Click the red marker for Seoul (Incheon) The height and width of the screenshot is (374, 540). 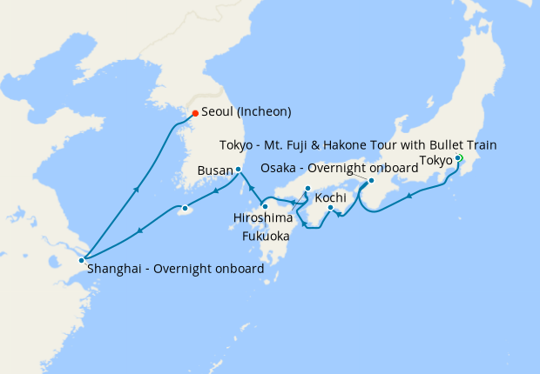[195, 113]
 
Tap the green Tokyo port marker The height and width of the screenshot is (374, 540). [458, 158]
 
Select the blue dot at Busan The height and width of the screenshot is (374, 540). [238, 170]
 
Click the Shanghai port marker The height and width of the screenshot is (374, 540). [81, 260]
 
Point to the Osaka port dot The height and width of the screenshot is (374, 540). [371, 181]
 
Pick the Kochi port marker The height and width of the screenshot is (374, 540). [330, 208]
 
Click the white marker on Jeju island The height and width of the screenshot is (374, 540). [184, 209]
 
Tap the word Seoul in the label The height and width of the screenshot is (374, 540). [219, 112]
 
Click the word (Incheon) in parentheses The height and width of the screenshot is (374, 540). [265, 112]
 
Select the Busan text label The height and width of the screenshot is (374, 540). [214, 170]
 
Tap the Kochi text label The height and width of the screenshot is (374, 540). [331, 198]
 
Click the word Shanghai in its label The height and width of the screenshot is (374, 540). [116, 269]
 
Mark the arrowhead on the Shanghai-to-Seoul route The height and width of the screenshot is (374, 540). [137, 188]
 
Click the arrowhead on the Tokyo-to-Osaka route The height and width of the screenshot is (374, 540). [409, 196]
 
